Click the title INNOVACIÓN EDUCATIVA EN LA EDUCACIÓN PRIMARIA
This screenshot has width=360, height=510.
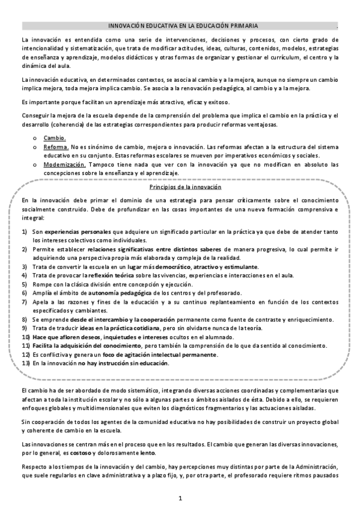[183, 26]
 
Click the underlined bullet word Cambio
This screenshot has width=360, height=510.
[54, 138]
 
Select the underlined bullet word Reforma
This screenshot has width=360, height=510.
[55, 147]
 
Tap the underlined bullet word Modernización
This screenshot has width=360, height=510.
[63, 164]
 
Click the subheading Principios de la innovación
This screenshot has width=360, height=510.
[180, 188]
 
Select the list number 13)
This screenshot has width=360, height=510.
[26, 363]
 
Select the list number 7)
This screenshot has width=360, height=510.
[25, 301]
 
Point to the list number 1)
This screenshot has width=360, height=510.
[25, 231]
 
